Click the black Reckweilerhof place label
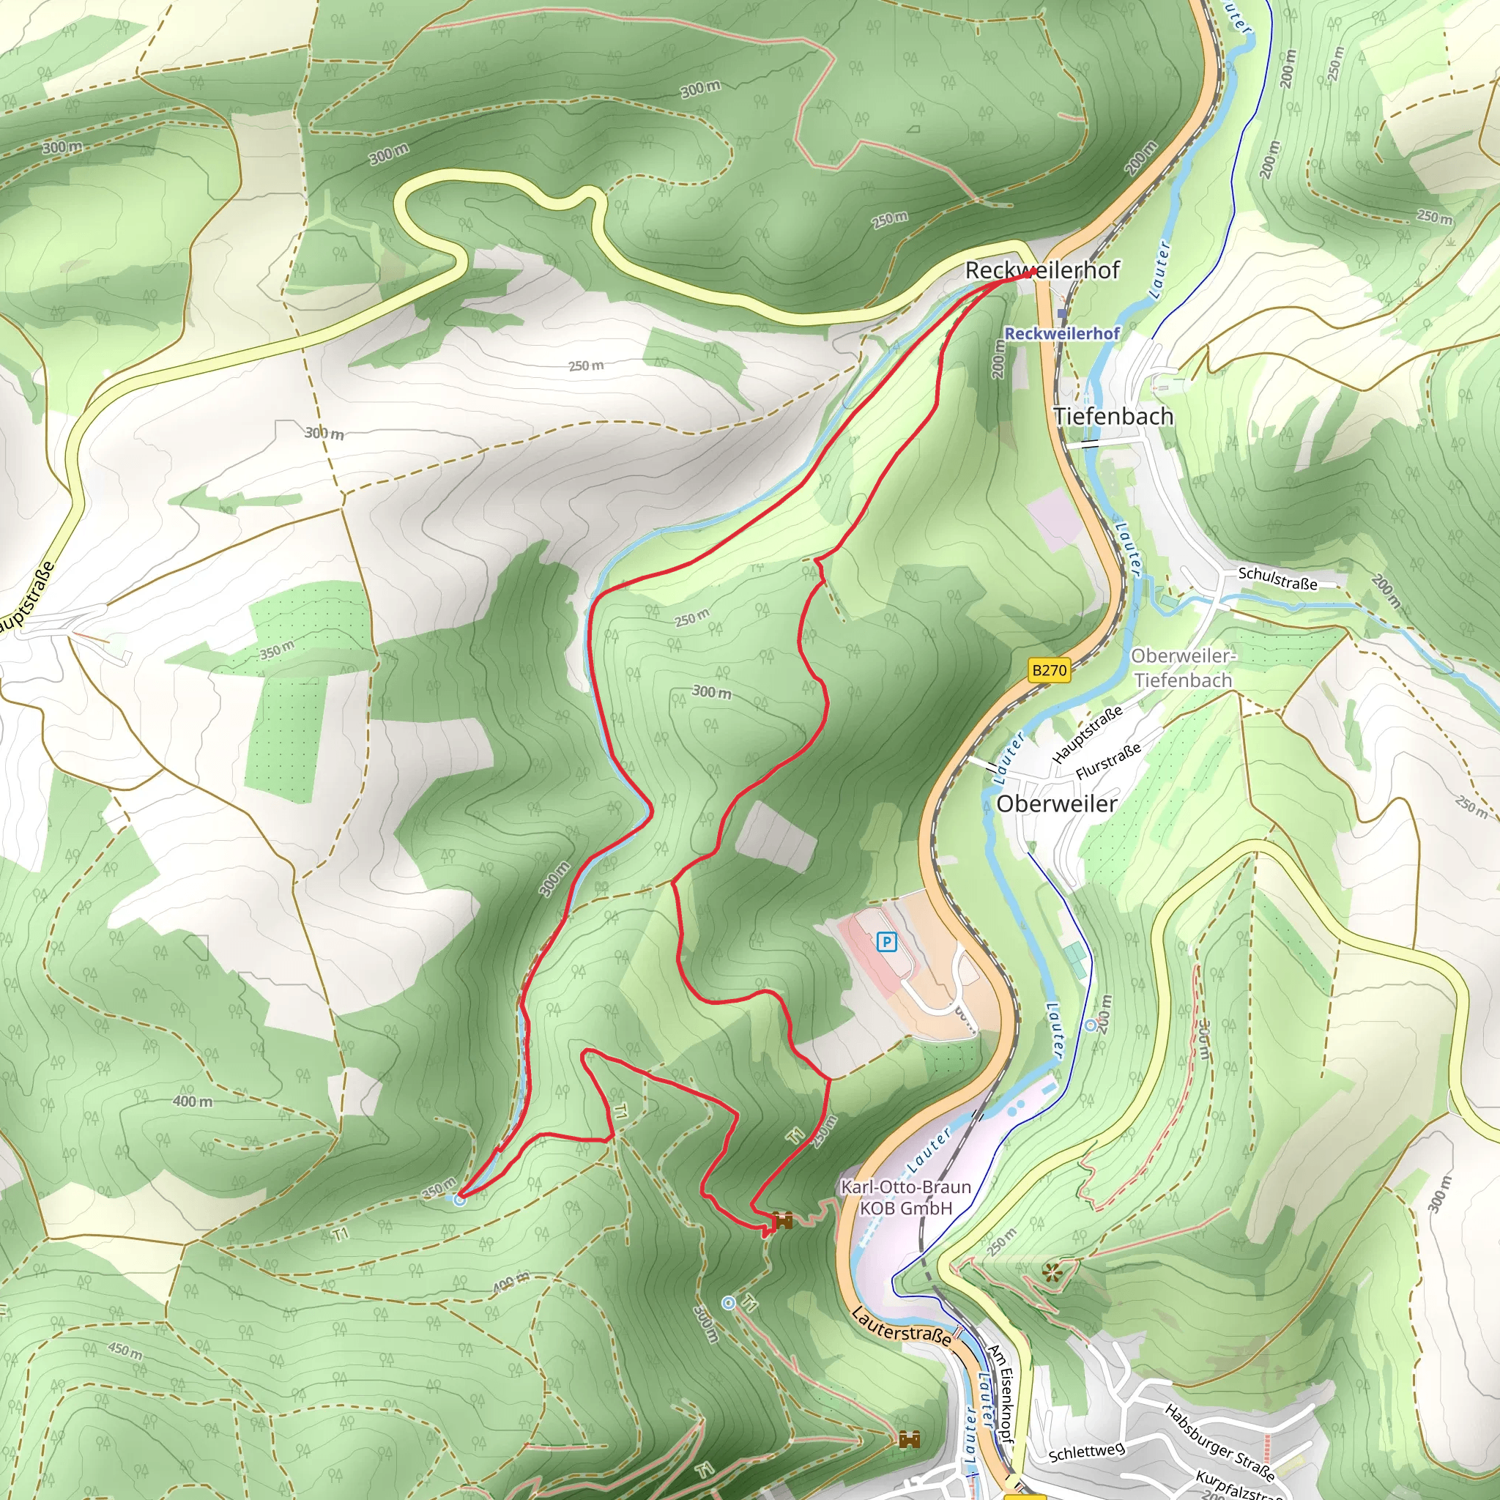click(x=1042, y=270)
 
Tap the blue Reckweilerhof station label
click(x=1061, y=333)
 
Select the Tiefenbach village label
click(x=1113, y=416)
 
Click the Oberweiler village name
click(x=1057, y=803)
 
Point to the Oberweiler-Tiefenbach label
click(x=1181, y=668)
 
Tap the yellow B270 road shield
click(x=1049, y=670)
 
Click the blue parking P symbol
click(x=886, y=943)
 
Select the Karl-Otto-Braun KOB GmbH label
click(x=906, y=1198)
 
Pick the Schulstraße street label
click(x=1277, y=579)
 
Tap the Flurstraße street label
click(x=1108, y=761)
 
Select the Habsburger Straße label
click(x=1219, y=1441)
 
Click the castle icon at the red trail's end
click(x=781, y=1220)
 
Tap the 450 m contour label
click(x=125, y=1350)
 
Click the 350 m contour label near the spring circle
click(x=439, y=1189)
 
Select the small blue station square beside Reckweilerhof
click(x=1061, y=313)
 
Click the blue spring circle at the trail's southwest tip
click(x=460, y=1200)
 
